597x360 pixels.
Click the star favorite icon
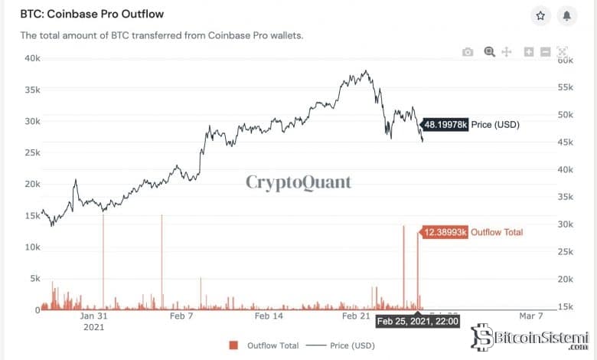point(540,15)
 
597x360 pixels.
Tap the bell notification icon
point(566,15)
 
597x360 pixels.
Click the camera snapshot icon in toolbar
point(468,52)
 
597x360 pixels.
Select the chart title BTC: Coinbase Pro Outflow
point(91,15)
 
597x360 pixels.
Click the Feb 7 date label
point(181,316)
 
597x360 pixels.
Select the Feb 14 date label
point(269,316)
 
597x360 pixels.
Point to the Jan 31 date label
point(93,316)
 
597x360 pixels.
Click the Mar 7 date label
point(530,316)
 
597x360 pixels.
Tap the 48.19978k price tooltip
point(445,123)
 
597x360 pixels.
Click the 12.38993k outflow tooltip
point(445,231)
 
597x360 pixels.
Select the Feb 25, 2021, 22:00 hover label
point(417,322)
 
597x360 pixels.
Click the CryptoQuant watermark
point(298,182)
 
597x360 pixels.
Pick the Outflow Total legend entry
point(263,346)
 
